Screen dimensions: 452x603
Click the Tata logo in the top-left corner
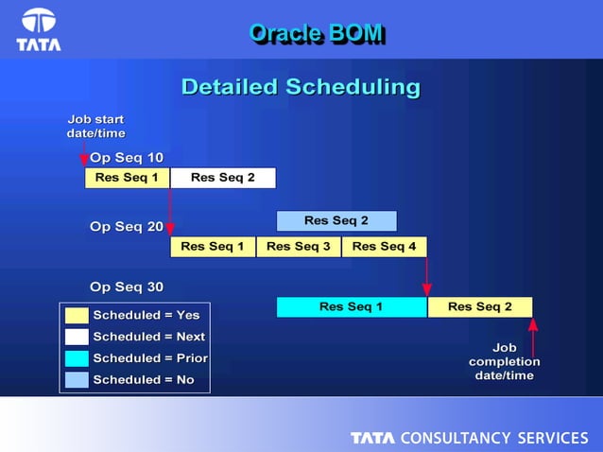click(39, 29)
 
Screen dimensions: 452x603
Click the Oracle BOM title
click(316, 33)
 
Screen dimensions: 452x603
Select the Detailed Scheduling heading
click(301, 87)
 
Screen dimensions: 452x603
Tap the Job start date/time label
click(95, 127)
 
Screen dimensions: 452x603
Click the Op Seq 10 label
click(126, 157)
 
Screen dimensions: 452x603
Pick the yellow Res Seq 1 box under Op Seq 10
click(127, 178)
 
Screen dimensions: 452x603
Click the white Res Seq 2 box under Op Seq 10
click(223, 178)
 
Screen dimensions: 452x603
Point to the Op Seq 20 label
click(126, 227)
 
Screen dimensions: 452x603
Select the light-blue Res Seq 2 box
click(336, 221)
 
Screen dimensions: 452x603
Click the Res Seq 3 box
click(298, 247)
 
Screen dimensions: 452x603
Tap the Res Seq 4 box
click(384, 247)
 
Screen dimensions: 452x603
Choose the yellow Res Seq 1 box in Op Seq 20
click(213, 247)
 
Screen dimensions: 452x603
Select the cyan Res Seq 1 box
click(352, 307)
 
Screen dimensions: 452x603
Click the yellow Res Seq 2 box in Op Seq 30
click(479, 307)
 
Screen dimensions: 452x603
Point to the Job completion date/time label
click(505, 361)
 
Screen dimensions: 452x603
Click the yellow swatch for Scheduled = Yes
click(78, 315)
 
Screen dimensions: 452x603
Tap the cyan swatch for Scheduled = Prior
click(78, 358)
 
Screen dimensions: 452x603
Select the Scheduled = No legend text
click(144, 380)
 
